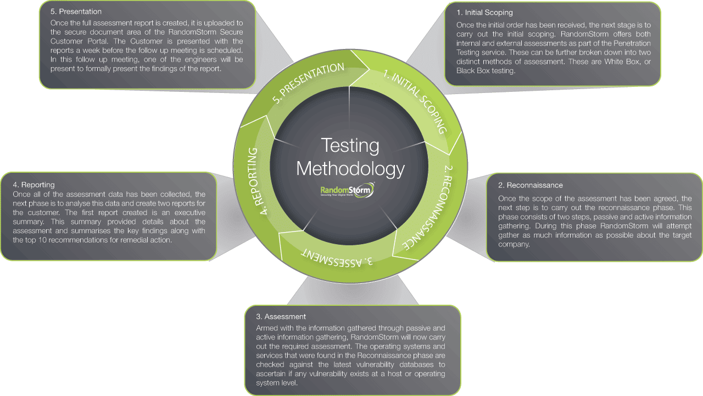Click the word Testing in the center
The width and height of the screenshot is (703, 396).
(x=350, y=146)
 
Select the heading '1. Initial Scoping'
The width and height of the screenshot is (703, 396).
(x=484, y=13)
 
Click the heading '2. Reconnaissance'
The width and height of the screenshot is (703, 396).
(x=531, y=185)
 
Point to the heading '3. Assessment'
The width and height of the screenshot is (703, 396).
(x=281, y=316)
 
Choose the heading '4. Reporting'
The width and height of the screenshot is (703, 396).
(x=34, y=184)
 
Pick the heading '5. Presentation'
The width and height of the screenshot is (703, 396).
(x=76, y=12)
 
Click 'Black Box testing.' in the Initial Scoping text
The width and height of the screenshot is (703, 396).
(x=486, y=71)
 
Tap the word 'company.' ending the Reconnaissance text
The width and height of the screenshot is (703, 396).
(x=514, y=244)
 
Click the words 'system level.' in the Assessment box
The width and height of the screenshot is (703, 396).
(x=277, y=383)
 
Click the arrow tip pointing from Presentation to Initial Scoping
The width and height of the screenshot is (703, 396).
(x=369, y=69)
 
